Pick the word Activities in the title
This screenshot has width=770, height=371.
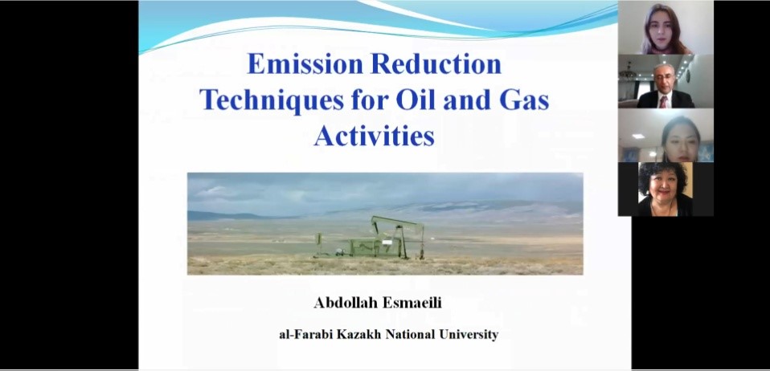point(375,136)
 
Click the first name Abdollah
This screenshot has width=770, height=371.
point(346,303)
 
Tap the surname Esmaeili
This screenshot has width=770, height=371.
point(412,303)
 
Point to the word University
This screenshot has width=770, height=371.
point(469,335)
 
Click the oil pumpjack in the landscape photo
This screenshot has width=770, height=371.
point(371,238)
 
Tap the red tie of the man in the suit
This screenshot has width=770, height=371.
point(663,101)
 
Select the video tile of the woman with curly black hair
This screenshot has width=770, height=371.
point(666,190)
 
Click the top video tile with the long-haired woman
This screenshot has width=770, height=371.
point(666,27)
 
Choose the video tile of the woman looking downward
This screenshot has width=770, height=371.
point(666,136)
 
